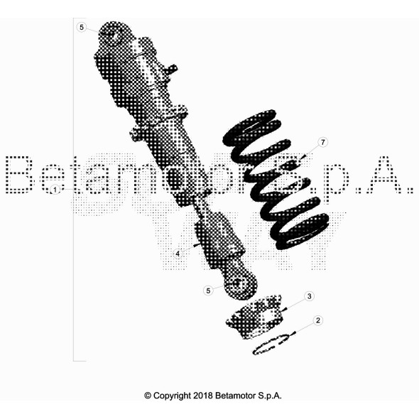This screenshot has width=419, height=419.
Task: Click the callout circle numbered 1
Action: point(55,190)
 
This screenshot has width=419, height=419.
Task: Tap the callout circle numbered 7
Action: point(323,142)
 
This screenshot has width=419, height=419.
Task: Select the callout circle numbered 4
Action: point(178,254)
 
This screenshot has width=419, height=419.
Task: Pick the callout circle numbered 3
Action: point(309,296)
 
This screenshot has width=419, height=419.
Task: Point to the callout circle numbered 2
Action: point(317,320)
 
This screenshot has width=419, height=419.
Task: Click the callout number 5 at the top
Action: point(82,27)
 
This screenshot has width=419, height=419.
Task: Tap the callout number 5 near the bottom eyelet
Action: point(208,290)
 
